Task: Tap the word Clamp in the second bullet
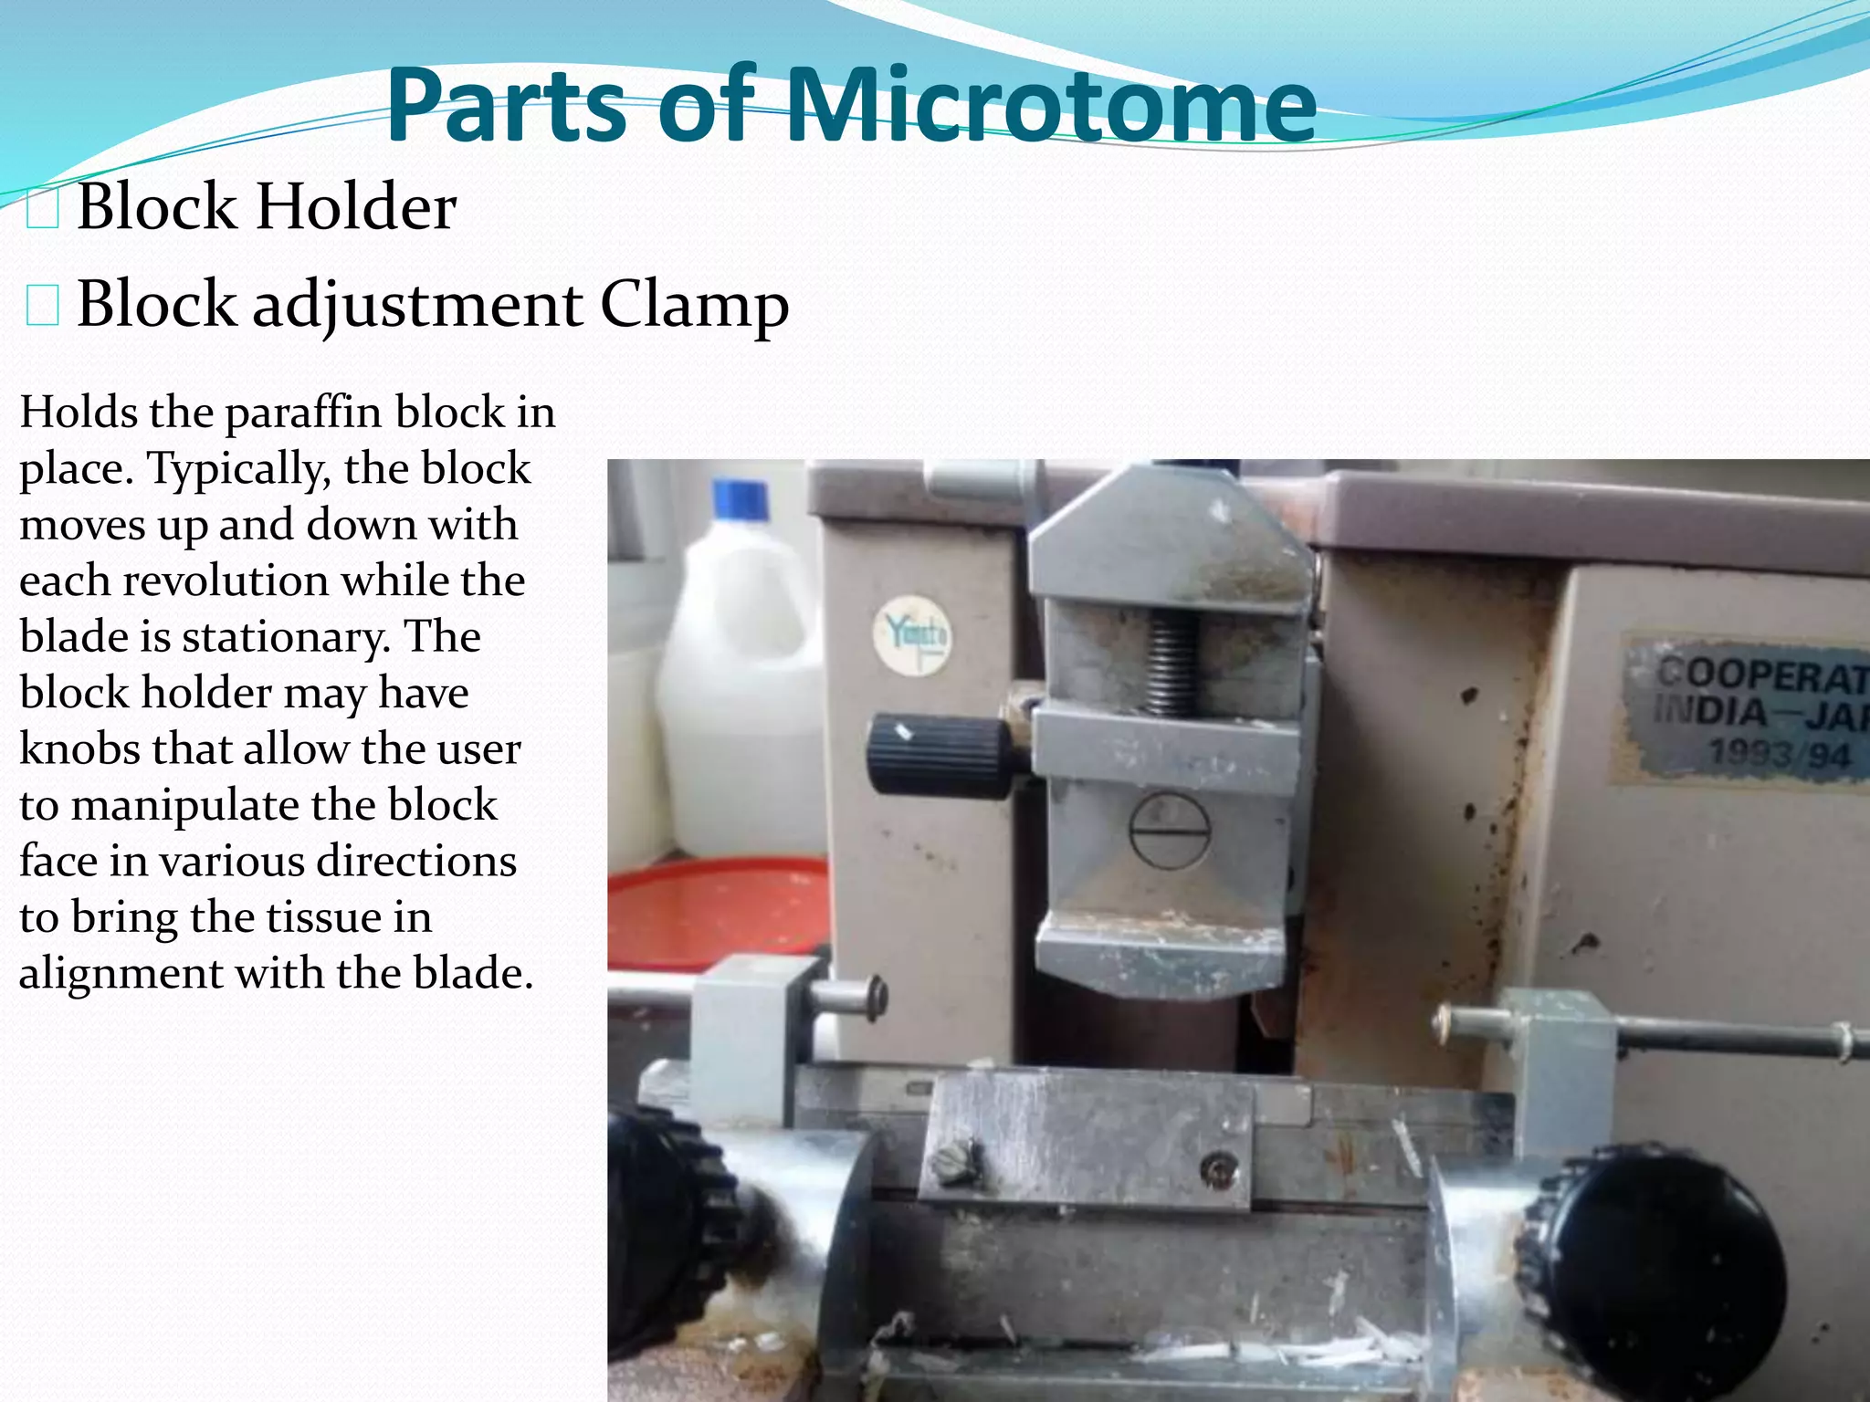click(x=694, y=305)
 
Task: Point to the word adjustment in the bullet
click(x=417, y=305)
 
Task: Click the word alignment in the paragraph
click(x=120, y=974)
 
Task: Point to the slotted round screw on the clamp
click(x=1170, y=830)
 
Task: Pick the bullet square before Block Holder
click(x=43, y=209)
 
